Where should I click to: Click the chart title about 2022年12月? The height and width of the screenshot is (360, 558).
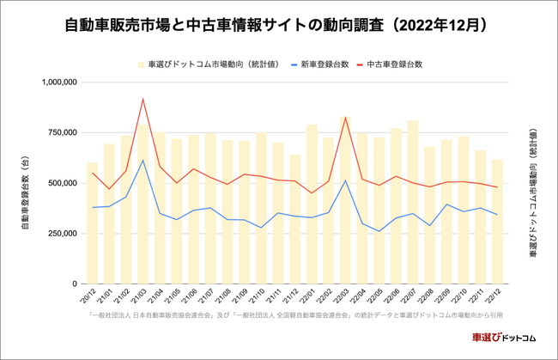point(278,26)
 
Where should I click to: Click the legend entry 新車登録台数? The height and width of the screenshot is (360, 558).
point(323,64)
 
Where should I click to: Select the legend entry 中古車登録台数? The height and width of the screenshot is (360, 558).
point(394,64)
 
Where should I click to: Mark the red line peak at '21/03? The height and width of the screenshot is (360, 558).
point(143,99)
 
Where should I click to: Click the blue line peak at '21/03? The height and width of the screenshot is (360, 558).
point(143,160)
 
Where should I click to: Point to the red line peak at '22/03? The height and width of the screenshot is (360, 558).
point(345,117)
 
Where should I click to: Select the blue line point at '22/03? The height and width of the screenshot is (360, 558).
point(345,180)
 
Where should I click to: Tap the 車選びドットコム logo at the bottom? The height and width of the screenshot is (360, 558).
point(503,339)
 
